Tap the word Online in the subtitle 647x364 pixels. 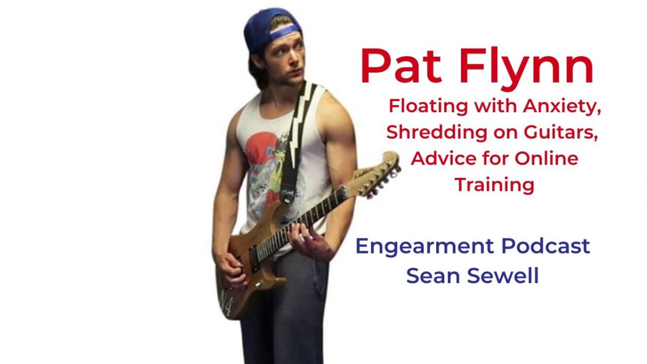pos(545,159)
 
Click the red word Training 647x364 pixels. pos(494,185)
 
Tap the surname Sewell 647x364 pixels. pos(505,276)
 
